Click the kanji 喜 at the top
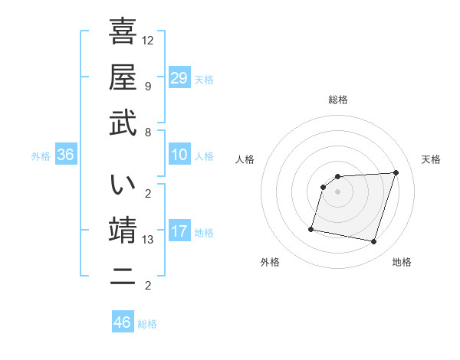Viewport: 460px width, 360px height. tap(123, 31)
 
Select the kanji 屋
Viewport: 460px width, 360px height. tap(123, 77)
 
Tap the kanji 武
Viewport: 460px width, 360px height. tap(123, 123)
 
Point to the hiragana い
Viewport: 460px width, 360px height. tap(123, 184)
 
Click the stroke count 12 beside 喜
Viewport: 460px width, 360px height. tap(148, 40)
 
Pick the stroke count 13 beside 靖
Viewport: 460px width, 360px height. tap(148, 240)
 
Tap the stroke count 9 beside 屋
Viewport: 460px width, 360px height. tap(148, 86)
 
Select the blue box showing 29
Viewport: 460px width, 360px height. tap(179, 77)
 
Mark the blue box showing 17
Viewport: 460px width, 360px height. tap(179, 231)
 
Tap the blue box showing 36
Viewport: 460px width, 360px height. tap(66, 155)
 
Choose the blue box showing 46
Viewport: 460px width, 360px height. tap(123, 322)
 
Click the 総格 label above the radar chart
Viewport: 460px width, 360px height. tap(338, 100)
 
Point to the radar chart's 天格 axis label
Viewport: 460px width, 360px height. tap(431, 159)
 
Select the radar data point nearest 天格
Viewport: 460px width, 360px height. tap(396, 172)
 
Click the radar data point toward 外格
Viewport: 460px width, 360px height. tap(311, 229)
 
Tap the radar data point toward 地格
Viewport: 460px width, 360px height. tap(374, 242)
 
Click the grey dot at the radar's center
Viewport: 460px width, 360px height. tap(338, 191)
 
